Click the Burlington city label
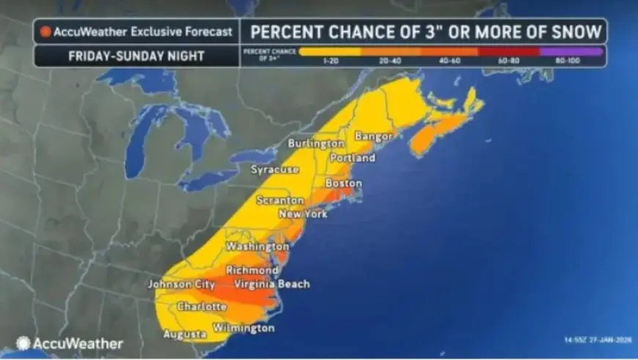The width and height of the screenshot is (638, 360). pos(315,143)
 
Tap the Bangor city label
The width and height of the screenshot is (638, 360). pos(373,136)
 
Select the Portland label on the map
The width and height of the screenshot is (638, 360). pos(352,158)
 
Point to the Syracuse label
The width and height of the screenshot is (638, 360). pos(275,169)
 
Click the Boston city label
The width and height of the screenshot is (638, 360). pos(343,183)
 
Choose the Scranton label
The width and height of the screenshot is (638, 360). pos(279,200)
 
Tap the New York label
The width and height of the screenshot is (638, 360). pos(303,214)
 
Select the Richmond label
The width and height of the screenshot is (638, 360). pos(252,271)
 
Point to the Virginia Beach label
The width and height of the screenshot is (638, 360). pos(271,284)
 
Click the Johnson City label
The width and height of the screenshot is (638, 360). pos(181,284)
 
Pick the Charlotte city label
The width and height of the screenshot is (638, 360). pos(202,306)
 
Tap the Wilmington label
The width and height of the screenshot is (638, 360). pos(243,328)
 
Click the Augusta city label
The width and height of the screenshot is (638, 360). pos(184,334)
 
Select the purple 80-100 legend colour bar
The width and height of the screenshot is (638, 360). pos(571,52)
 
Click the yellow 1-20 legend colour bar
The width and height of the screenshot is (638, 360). pos(331,52)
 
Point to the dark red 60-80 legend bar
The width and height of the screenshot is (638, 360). pos(508,52)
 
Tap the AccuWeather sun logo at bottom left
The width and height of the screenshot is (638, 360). pos(23,343)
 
